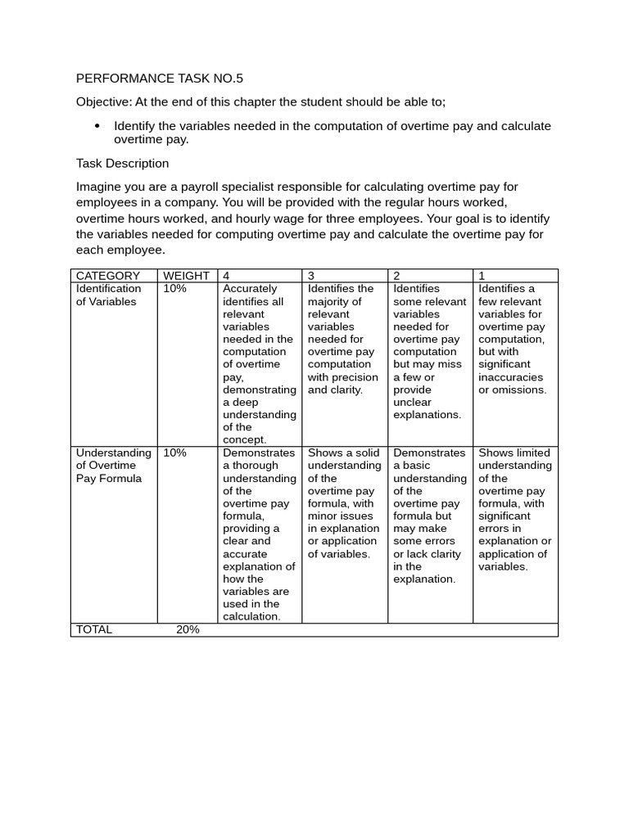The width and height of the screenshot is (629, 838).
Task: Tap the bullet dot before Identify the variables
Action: (x=97, y=126)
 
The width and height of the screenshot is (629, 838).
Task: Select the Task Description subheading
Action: (x=122, y=163)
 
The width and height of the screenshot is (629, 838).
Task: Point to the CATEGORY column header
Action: (x=108, y=276)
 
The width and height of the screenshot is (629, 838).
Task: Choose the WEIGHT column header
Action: (x=186, y=276)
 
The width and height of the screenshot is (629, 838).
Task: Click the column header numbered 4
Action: (x=226, y=276)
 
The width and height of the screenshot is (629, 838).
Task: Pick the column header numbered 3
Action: (x=311, y=276)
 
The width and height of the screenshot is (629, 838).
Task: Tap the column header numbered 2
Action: (x=396, y=276)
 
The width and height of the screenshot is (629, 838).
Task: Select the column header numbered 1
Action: (x=482, y=276)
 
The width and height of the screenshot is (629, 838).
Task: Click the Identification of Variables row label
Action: (x=108, y=295)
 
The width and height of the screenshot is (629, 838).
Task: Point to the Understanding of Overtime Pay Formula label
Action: (x=113, y=465)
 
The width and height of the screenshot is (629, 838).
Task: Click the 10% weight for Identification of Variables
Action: (x=174, y=289)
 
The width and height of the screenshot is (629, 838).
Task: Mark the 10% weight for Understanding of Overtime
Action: (x=174, y=453)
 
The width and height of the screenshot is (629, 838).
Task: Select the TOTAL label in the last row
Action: (x=93, y=629)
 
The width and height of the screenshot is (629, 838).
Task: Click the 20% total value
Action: (x=188, y=629)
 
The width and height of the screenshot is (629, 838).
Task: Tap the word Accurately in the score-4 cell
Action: (x=250, y=289)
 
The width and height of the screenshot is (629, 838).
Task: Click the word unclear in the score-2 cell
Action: (x=412, y=402)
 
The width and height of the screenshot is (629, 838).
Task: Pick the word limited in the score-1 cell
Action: (x=532, y=453)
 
